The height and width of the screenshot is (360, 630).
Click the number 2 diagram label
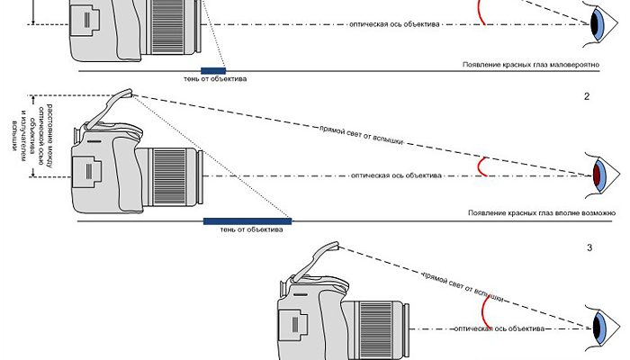(587, 95)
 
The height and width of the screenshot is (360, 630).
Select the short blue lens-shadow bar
(213, 69)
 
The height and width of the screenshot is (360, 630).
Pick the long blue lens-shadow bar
(247, 220)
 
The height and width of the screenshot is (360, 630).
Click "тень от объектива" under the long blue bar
(245, 229)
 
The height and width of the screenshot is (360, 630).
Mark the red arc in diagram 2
(485, 167)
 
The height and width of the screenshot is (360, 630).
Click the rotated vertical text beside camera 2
(49, 135)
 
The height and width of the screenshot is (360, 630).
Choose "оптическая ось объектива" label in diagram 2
(395, 175)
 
